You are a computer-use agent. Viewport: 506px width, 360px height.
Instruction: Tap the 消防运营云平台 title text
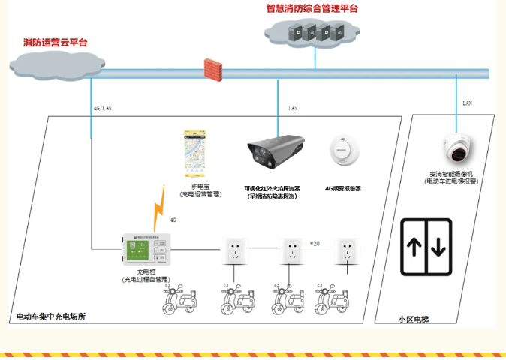click(x=55, y=43)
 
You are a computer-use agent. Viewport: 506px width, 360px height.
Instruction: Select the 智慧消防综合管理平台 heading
click(x=312, y=9)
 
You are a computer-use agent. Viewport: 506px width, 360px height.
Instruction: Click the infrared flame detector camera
click(x=278, y=155)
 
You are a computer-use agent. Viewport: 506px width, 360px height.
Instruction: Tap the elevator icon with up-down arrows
click(x=426, y=247)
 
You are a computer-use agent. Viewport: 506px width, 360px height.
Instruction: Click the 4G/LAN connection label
click(x=102, y=108)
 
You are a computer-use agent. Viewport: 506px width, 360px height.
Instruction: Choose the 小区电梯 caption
click(x=414, y=319)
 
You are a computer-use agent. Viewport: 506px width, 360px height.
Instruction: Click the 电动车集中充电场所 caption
click(x=51, y=316)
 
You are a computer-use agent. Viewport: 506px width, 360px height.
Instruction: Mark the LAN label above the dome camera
click(x=467, y=103)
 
